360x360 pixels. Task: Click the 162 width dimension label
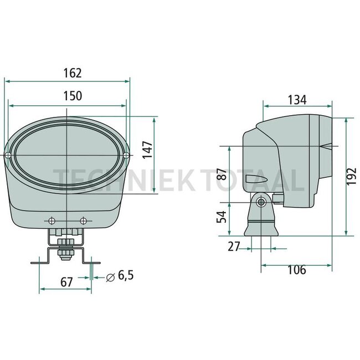click(x=73, y=73)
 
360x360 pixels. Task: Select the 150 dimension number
click(x=73, y=96)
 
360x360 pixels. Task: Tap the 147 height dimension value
click(x=147, y=150)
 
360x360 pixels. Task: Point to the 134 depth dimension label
click(x=297, y=100)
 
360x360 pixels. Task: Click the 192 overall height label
click(x=351, y=176)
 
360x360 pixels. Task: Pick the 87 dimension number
click(x=222, y=174)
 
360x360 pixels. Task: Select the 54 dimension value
click(x=222, y=217)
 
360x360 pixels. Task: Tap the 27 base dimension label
click(x=234, y=246)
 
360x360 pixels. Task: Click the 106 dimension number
click(x=297, y=270)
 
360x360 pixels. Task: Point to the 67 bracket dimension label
click(x=66, y=282)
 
